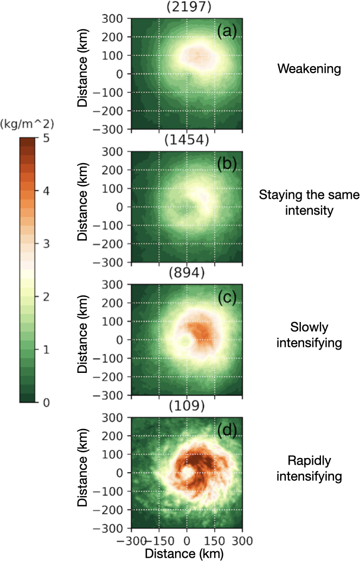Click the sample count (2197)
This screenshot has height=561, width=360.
187,6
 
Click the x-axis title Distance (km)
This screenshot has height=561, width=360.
187,553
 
